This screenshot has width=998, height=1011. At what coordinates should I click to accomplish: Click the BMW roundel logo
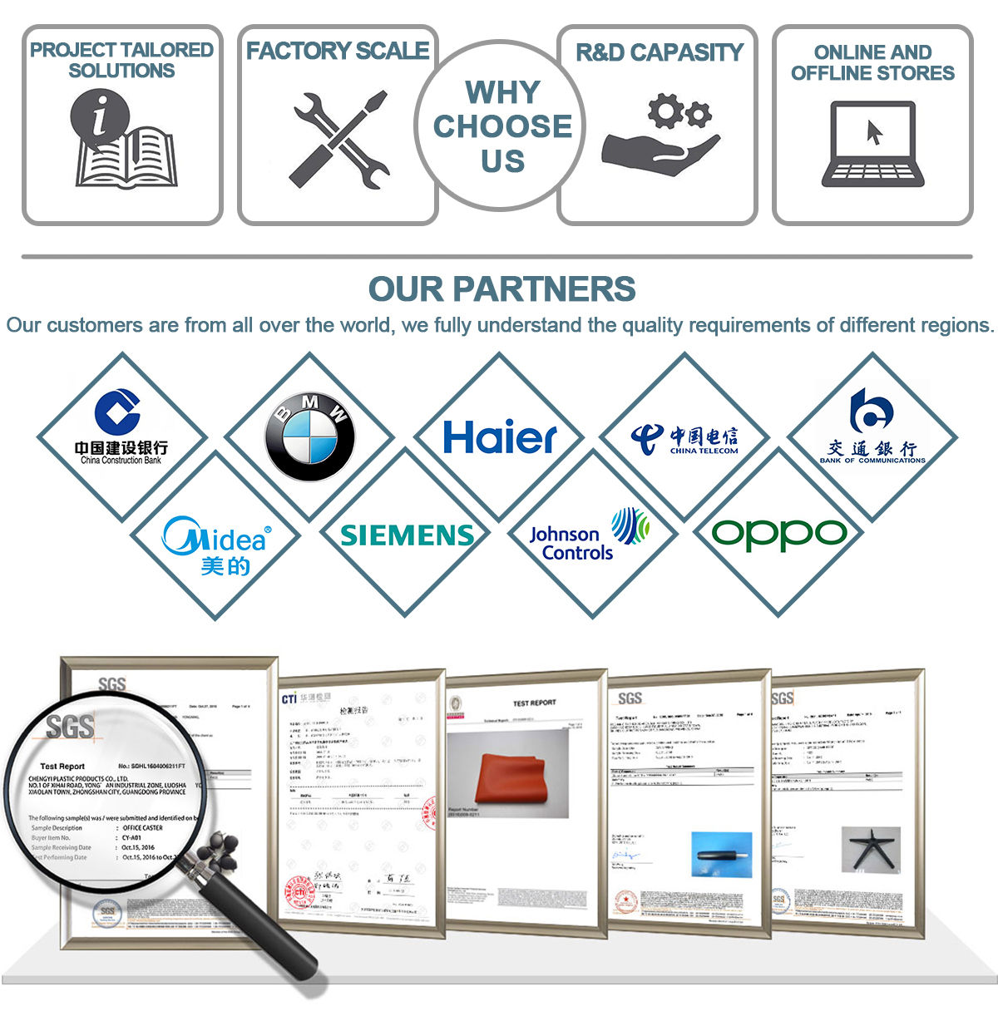(x=309, y=436)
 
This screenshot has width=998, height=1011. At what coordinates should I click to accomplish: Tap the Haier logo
(x=499, y=437)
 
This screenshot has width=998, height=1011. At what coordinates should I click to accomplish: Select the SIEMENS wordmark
(x=408, y=535)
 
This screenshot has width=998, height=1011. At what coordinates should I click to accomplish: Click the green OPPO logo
(x=779, y=534)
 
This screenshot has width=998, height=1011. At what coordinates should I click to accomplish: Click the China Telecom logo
(x=684, y=438)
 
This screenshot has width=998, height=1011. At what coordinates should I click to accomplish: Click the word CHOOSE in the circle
(x=502, y=126)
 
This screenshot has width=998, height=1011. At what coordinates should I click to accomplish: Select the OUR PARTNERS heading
(x=501, y=289)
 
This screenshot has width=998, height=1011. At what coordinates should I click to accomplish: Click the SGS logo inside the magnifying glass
(x=70, y=727)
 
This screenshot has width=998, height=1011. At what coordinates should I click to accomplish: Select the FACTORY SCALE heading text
(x=338, y=52)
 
